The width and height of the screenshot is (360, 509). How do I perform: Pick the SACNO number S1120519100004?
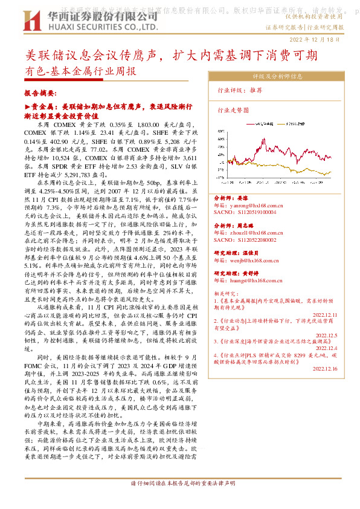[x=245, y=213]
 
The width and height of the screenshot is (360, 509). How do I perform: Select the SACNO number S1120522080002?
[x=245, y=239]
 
